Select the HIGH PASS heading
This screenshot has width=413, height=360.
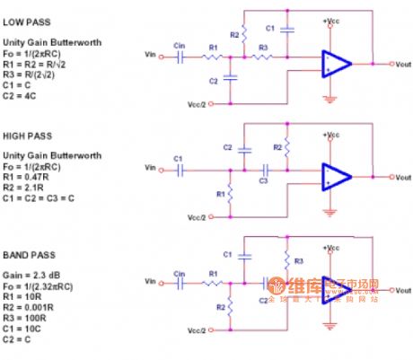28,136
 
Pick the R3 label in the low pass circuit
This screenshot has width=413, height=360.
263,47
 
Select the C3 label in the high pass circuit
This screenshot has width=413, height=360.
263,180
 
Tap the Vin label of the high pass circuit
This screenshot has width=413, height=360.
152,168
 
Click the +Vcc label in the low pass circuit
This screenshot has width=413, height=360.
331,21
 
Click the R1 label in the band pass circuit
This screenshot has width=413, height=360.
212,273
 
